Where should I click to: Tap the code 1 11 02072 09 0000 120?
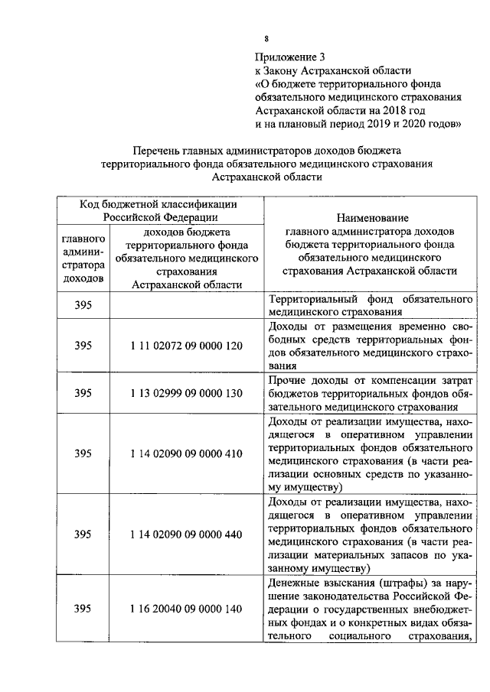click(186, 346)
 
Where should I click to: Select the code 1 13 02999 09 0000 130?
click(186, 393)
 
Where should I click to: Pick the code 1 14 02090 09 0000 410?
click(186, 453)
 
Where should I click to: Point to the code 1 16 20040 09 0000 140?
click(186, 609)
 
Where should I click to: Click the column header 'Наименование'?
click(371, 219)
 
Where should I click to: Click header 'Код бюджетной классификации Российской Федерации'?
click(159, 210)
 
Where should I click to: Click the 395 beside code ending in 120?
click(83, 346)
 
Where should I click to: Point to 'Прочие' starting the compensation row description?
click(287, 380)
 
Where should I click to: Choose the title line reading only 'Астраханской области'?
click(266, 177)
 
